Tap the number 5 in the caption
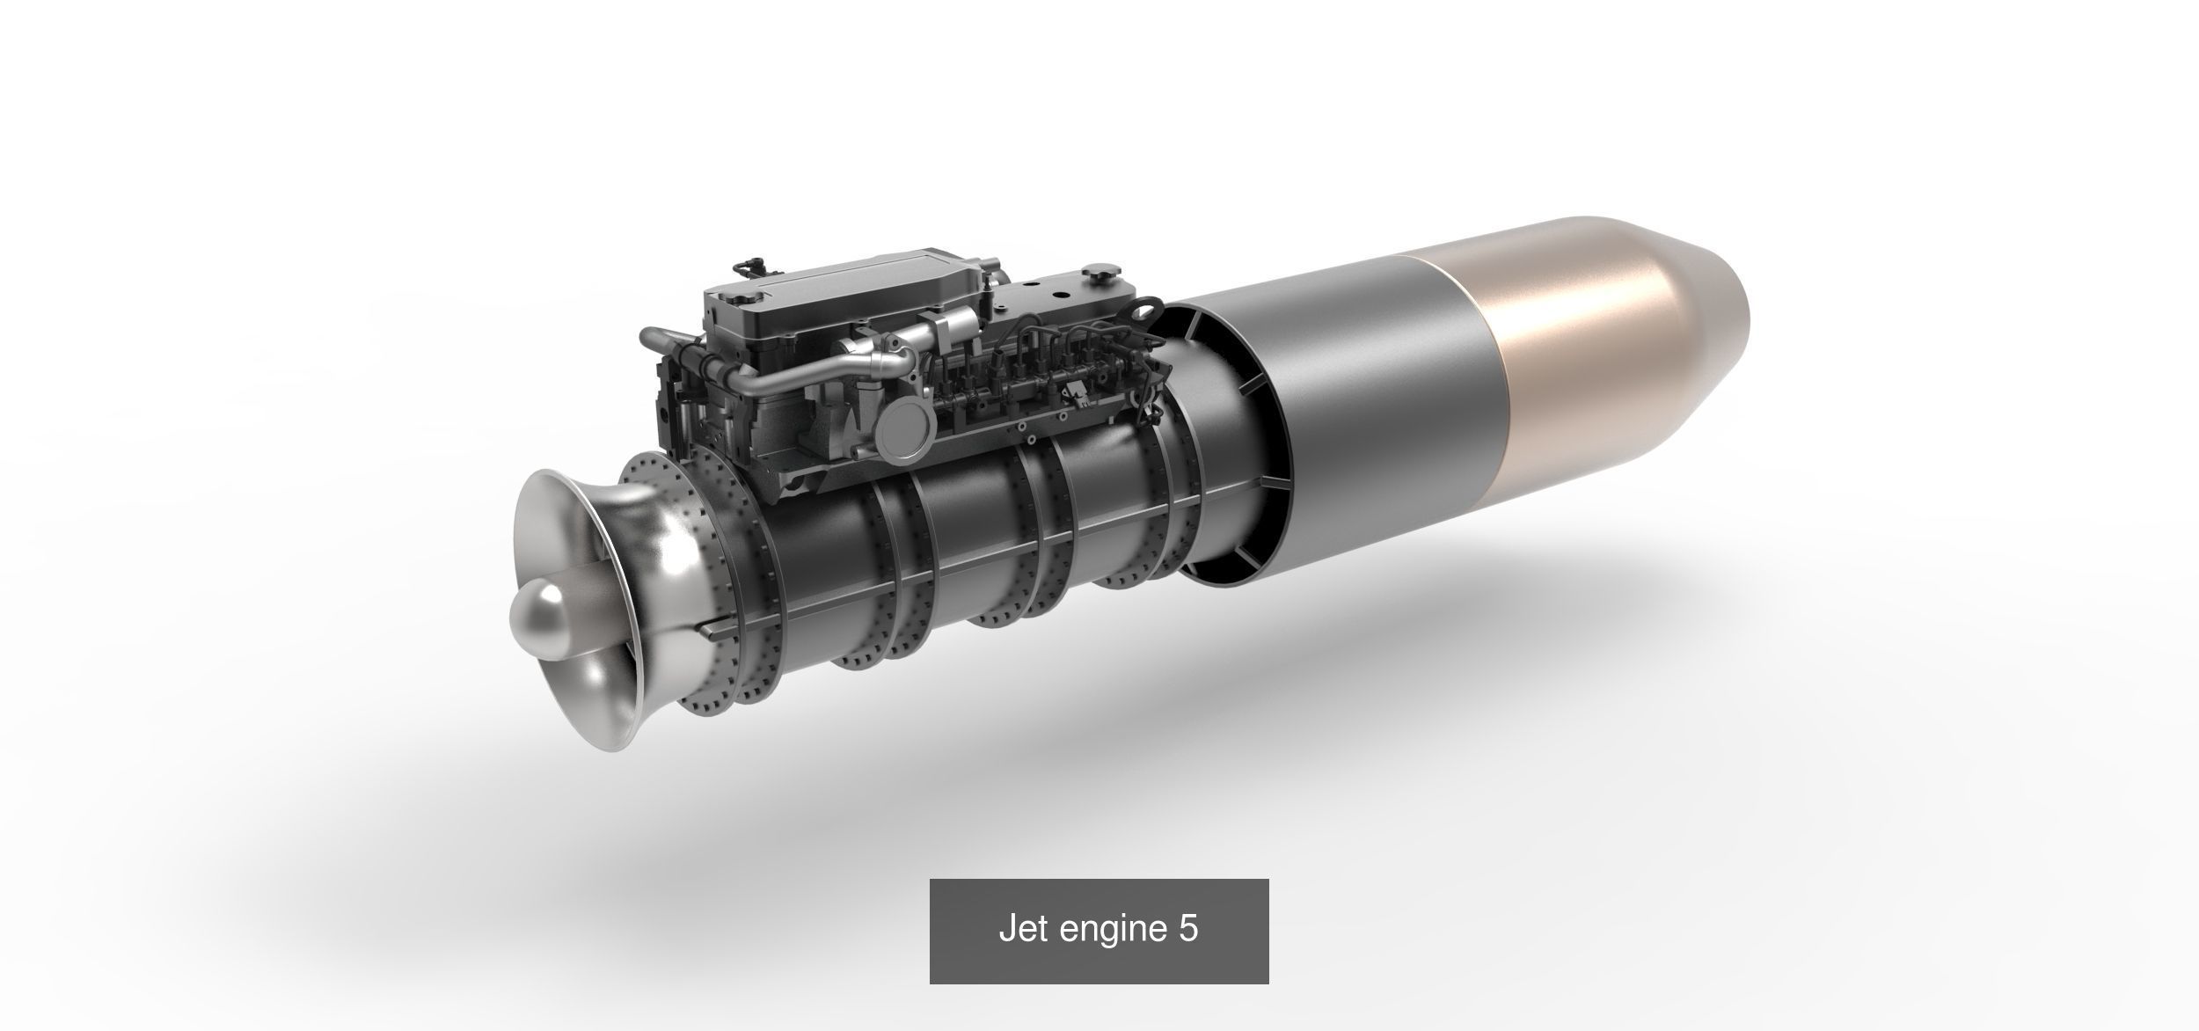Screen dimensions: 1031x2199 (x=1187, y=929)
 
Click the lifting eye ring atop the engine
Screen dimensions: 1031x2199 (x=1146, y=311)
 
